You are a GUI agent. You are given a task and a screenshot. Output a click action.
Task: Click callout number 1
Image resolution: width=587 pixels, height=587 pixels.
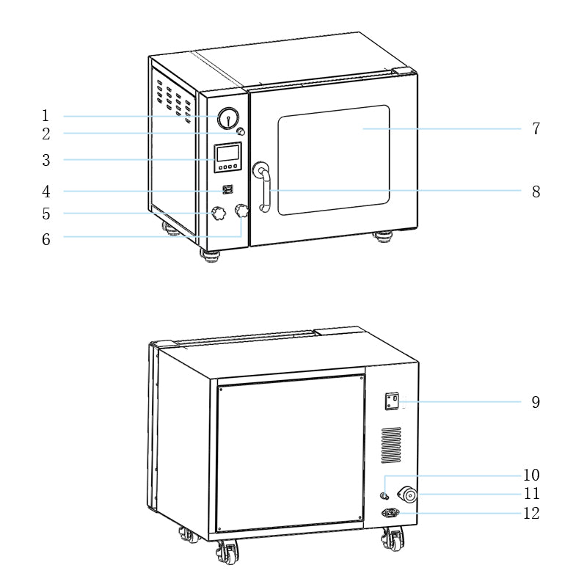coord(45,116)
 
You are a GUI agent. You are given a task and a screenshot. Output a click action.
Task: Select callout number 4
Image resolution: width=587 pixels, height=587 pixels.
coord(45,192)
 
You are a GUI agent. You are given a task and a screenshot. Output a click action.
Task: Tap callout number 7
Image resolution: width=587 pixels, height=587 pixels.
coord(536,129)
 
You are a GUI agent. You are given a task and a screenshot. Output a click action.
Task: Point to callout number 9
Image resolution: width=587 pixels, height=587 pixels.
coord(536,402)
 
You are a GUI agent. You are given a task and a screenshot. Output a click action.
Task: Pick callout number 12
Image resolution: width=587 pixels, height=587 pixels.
coord(531,514)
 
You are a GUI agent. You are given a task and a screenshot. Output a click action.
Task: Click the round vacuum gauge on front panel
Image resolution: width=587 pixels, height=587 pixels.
coord(228,119)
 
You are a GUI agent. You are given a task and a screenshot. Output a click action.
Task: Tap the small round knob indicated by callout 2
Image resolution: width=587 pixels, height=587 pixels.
coord(240,131)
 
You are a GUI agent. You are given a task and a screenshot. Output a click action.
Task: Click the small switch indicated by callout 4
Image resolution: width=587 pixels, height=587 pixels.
coord(227,190)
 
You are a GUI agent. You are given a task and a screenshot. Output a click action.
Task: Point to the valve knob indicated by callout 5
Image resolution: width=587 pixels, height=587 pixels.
coord(218,214)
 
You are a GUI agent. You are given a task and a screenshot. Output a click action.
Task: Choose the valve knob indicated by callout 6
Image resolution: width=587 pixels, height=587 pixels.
coord(241,211)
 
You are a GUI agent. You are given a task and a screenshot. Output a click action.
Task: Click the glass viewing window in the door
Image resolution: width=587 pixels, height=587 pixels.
coord(333,159)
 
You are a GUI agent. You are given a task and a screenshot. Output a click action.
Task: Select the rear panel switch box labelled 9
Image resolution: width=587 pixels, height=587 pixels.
coord(393,401)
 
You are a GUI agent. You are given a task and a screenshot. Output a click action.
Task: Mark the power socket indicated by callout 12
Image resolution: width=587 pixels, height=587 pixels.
coord(390,514)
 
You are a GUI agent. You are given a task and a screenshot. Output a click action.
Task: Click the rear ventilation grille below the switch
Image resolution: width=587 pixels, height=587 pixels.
coord(391,445)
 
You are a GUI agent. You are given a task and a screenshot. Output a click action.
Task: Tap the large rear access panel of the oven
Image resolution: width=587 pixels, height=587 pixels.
coord(291,453)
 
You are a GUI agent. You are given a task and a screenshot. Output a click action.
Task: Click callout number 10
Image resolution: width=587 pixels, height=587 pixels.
coord(531,475)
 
